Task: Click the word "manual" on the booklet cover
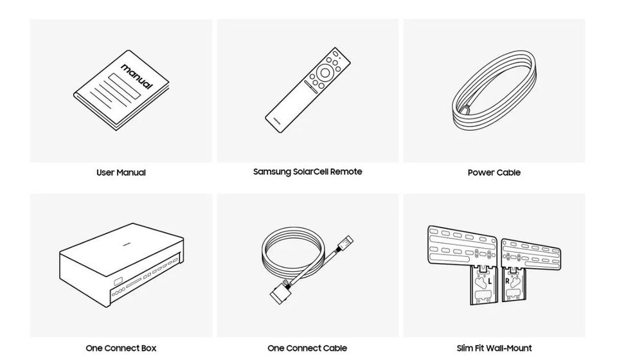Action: click(136, 76)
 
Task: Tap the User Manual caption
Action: click(121, 172)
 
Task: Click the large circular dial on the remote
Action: click(325, 73)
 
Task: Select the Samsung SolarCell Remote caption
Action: click(308, 172)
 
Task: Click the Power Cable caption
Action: click(494, 172)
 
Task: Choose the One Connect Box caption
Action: click(121, 348)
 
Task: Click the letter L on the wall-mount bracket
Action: click(490, 282)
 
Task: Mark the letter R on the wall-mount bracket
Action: click(507, 282)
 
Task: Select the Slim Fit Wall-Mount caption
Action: click(494, 348)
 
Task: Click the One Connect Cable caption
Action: click(307, 348)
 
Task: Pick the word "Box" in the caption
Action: click(148, 348)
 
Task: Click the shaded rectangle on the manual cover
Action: click(125, 87)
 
